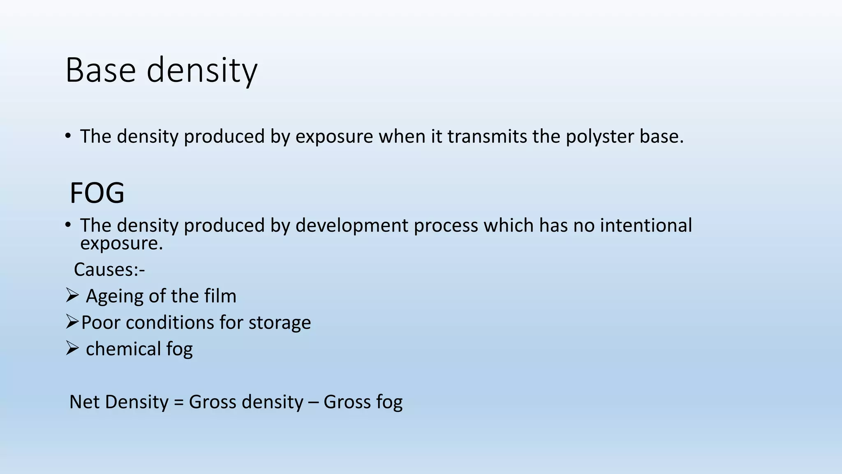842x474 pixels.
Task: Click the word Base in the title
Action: [x=100, y=70]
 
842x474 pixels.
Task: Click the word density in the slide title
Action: [x=202, y=70]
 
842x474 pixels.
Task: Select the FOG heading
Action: [x=97, y=193]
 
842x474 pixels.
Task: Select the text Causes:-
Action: [x=109, y=270]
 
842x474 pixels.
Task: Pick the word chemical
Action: [x=123, y=349]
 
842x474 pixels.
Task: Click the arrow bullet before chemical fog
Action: [x=72, y=349]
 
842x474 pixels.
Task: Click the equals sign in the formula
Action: [x=178, y=402]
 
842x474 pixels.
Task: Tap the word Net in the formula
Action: [x=84, y=402]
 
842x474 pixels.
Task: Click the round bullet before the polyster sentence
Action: [x=68, y=136]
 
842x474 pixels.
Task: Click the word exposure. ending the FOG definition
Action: [x=121, y=244]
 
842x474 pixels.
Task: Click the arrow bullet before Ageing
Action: [x=72, y=295]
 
